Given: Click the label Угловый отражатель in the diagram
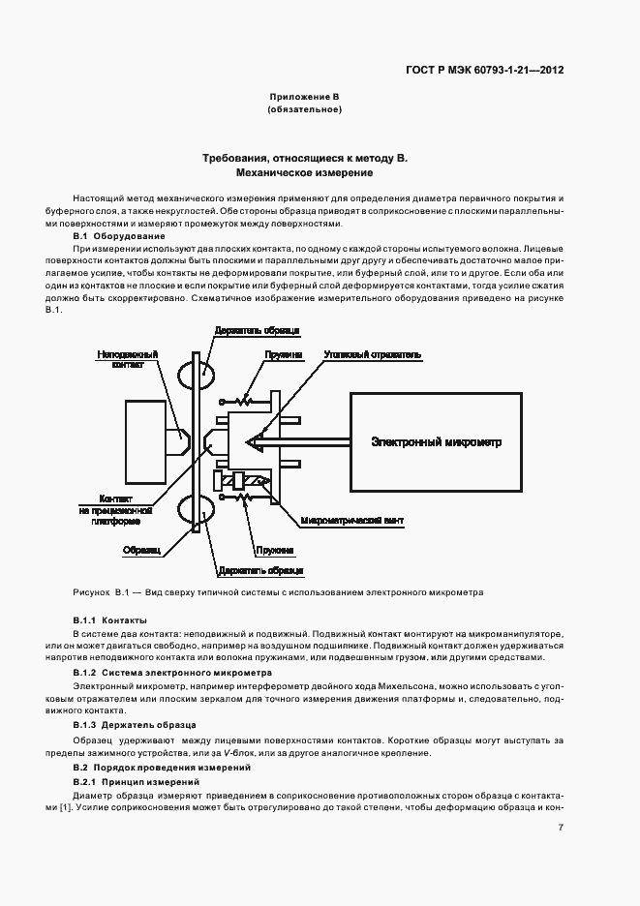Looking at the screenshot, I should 372,355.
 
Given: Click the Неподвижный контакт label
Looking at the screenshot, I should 122,360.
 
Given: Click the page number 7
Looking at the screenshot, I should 561,828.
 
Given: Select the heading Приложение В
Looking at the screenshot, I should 304,97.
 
